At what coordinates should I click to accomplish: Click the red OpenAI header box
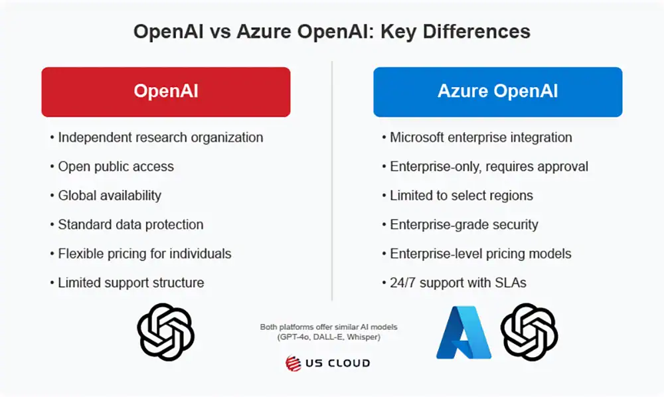165,92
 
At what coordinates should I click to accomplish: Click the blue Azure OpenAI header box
497,92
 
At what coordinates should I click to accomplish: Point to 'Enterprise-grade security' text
464,224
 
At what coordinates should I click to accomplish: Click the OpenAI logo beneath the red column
165,333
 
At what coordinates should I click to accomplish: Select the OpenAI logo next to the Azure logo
529,332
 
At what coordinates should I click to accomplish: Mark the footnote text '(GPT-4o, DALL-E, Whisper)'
328,337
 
